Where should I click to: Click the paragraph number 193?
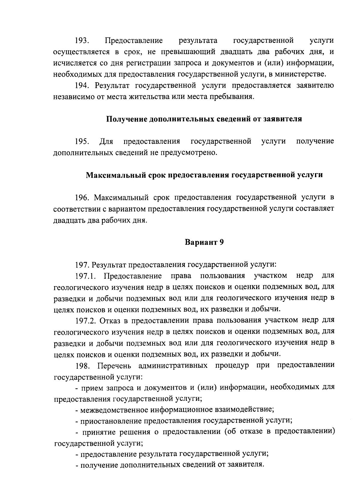tap(82, 40)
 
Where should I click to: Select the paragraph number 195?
tap(82, 141)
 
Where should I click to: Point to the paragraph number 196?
tap(83, 197)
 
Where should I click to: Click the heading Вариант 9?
tap(204, 242)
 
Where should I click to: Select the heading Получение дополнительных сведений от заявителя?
tap(204, 119)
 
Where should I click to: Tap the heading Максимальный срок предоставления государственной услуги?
tap(204, 175)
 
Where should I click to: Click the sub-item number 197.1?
tap(87, 276)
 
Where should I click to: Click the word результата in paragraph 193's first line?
tap(198, 40)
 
